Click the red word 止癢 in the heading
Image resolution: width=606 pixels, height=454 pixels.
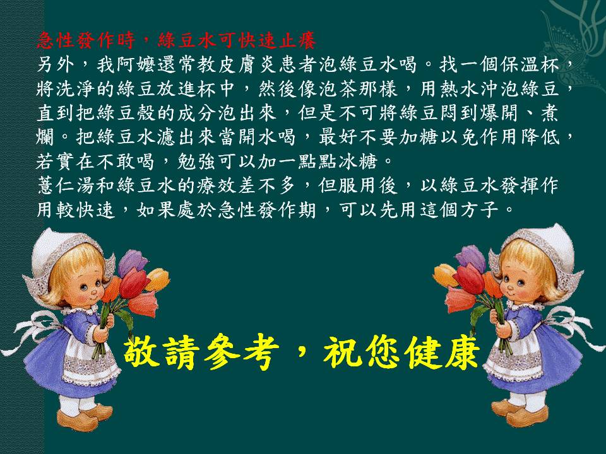click(x=297, y=40)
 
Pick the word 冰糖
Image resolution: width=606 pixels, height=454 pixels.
click(x=357, y=162)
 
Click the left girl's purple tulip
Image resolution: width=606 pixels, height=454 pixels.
click(x=132, y=262)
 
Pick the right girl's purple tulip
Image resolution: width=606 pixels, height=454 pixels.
click(x=472, y=259)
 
